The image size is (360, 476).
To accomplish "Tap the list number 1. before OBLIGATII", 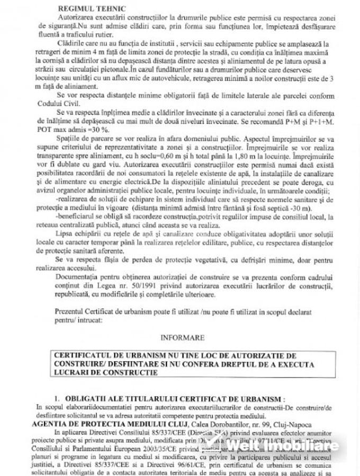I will (58, 397).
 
